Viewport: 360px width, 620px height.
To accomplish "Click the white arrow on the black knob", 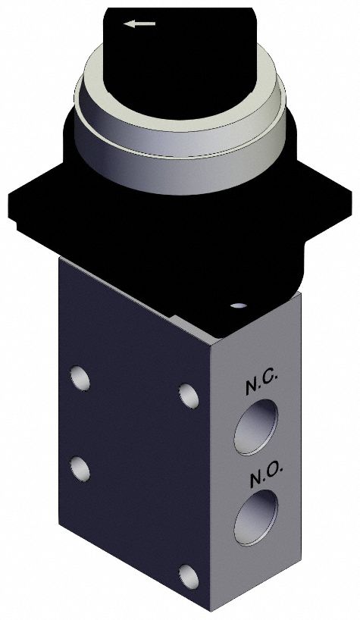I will point(140,23).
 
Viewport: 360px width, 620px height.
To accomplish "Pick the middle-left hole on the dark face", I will point(79,468).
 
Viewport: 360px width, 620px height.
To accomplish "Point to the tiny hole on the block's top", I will point(239,305).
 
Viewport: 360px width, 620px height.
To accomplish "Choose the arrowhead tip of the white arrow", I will point(127,23).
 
